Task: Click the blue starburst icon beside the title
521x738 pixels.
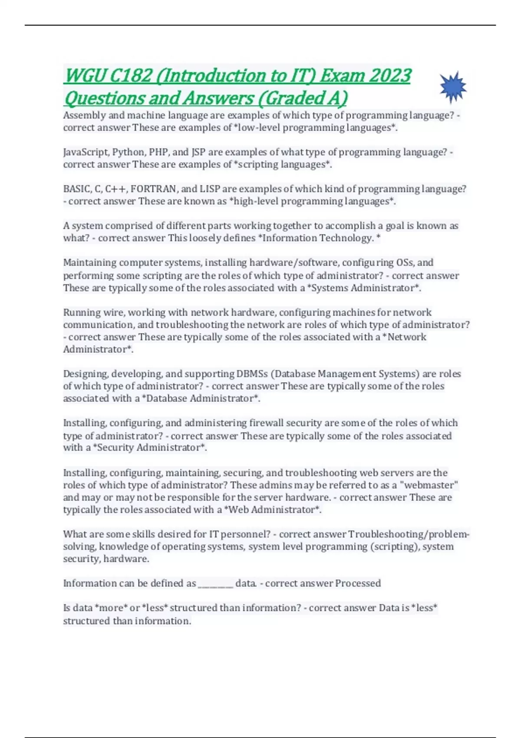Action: tap(452, 87)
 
